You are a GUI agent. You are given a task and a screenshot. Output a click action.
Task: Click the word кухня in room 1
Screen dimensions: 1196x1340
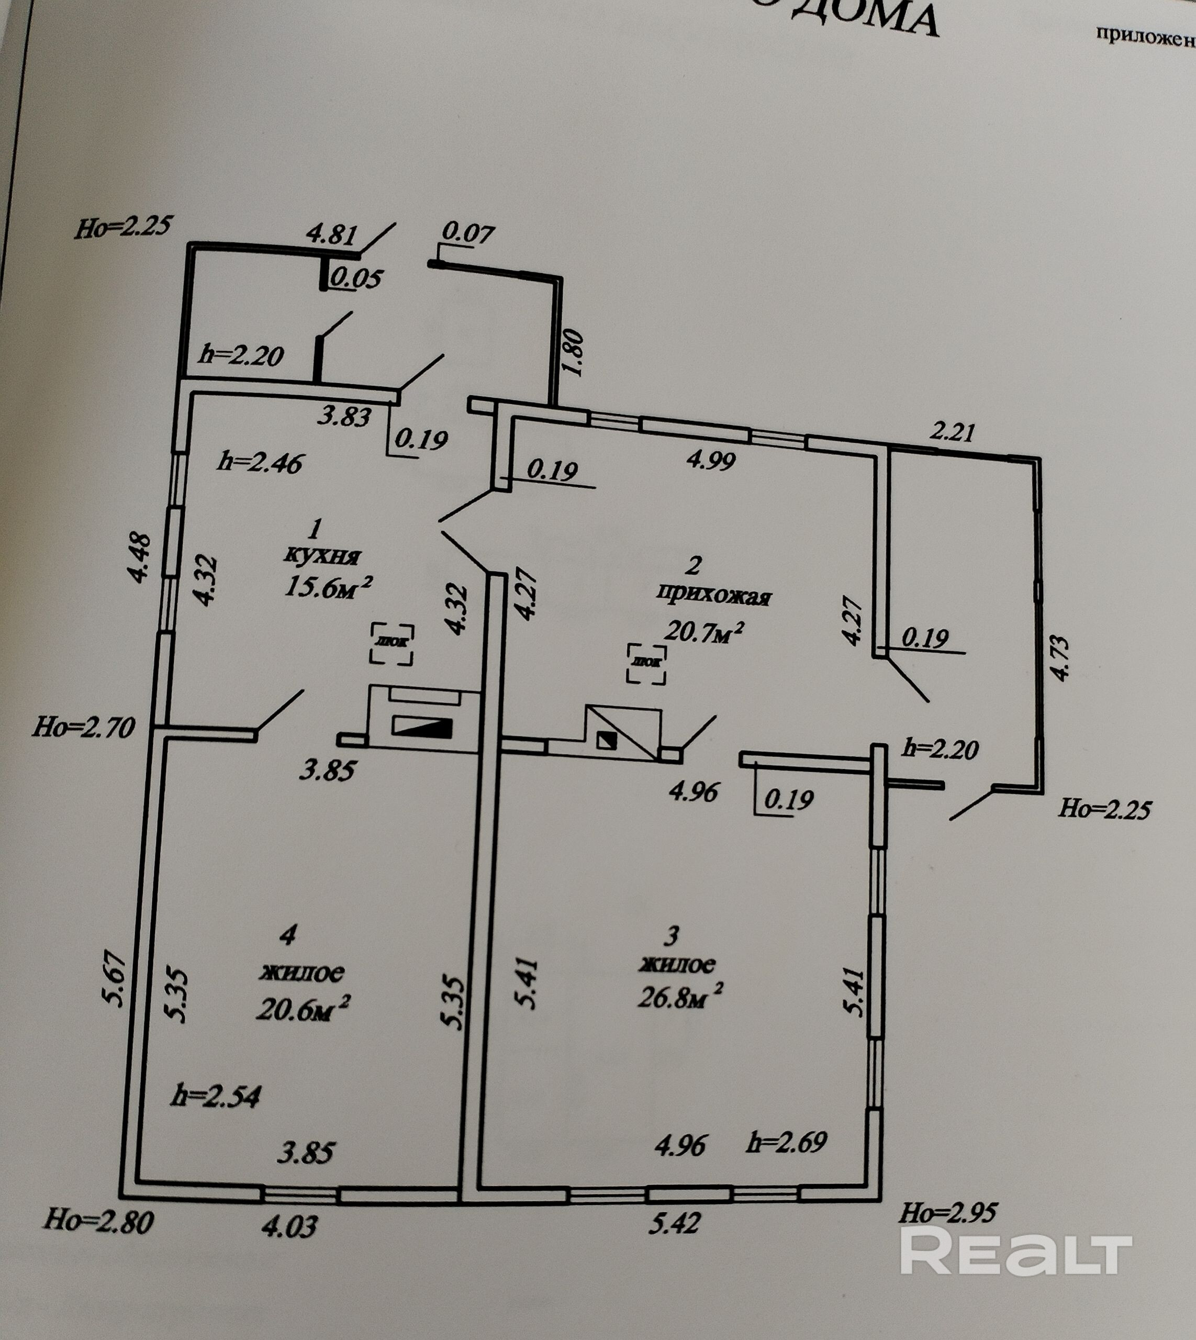[322, 555]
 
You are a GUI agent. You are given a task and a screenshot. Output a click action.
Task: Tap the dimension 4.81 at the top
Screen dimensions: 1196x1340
[332, 234]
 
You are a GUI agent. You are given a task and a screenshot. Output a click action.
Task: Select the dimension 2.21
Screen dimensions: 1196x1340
[952, 432]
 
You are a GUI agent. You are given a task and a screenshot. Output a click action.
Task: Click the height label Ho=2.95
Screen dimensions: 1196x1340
[947, 1213]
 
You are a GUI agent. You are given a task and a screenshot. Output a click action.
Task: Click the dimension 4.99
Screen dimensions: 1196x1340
[710, 460]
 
